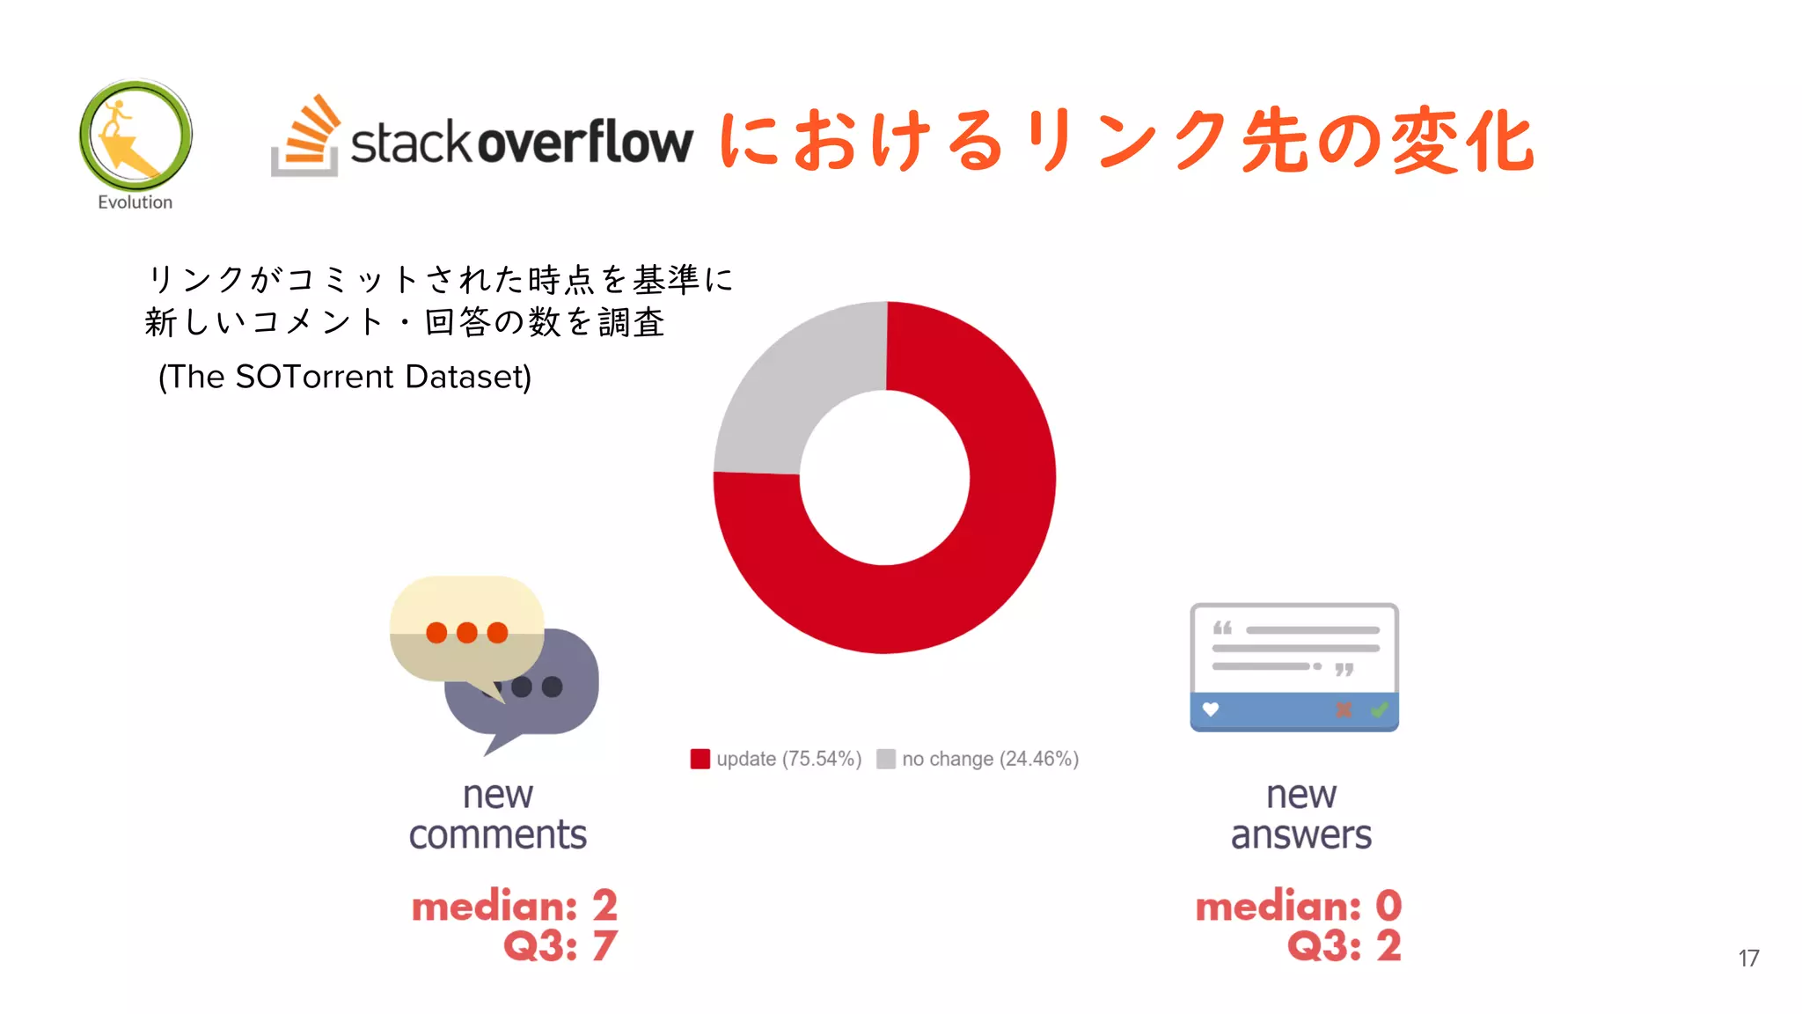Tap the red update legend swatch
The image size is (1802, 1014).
pyautogui.click(x=700, y=759)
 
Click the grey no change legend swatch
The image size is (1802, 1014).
pyautogui.click(x=886, y=759)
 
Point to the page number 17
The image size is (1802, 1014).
pyautogui.click(x=1748, y=958)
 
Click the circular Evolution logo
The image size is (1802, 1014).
pyautogui.click(x=136, y=136)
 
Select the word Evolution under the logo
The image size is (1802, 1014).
pyautogui.click(x=135, y=202)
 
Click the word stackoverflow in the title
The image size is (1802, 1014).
pyautogui.click(x=522, y=143)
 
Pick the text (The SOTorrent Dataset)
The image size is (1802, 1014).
pyautogui.click(x=345, y=377)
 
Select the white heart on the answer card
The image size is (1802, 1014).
pyautogui.click(x=1211, y=709)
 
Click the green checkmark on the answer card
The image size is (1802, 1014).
pyautogui.click(x=1379, y=709)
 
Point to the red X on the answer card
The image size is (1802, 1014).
pyautogui.click(x=1344, y=709)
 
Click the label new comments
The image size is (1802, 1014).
pyautogui.click(x=498, y=815)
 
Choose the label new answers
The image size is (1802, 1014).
pyautogui.click(x=1300, y=815)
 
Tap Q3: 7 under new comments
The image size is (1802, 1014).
pyautogui.click(x=560, y=946)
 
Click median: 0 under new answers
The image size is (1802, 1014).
pyautogui.click(x=1298, y=906)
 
